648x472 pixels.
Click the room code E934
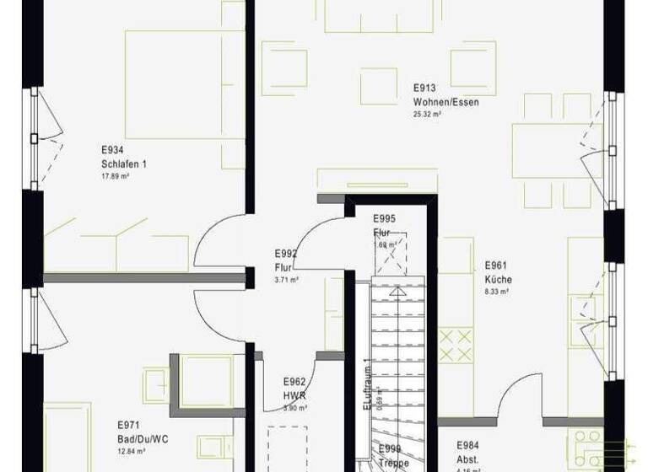pyautogui.click(x=112, y=150)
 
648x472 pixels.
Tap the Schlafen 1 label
pyautogui.click(x=124, y=164)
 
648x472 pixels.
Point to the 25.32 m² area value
pyautogui.click(x=426, y=113)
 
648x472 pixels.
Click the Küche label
pyautogui.click(x=498, y=280)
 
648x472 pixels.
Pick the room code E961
pyautogui.click(x=496, y=265)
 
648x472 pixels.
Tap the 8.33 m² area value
pyautogui.click(x=496, y=292)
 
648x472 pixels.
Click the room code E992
pyautogui.click(x=286, y=253)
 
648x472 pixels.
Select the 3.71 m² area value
pyautogui.click(x=286, y=279)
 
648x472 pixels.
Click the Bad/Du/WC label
pyautogui.click(x=142, y=439)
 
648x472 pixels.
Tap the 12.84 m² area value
pyautogui.click(x=132, y=451)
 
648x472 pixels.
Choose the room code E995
pyautogui.click(x=385, y=219)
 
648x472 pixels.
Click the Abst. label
pyautogui.click(x=467, y=459)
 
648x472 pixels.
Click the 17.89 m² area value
pyautogui.click(x=115, y=176)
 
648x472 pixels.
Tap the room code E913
pyautogui.click(x=424, y=88)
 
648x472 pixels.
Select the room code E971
pyautogui.click(x=128, y=426)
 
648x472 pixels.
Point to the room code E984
pyautogui.click(x=469, y=445)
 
